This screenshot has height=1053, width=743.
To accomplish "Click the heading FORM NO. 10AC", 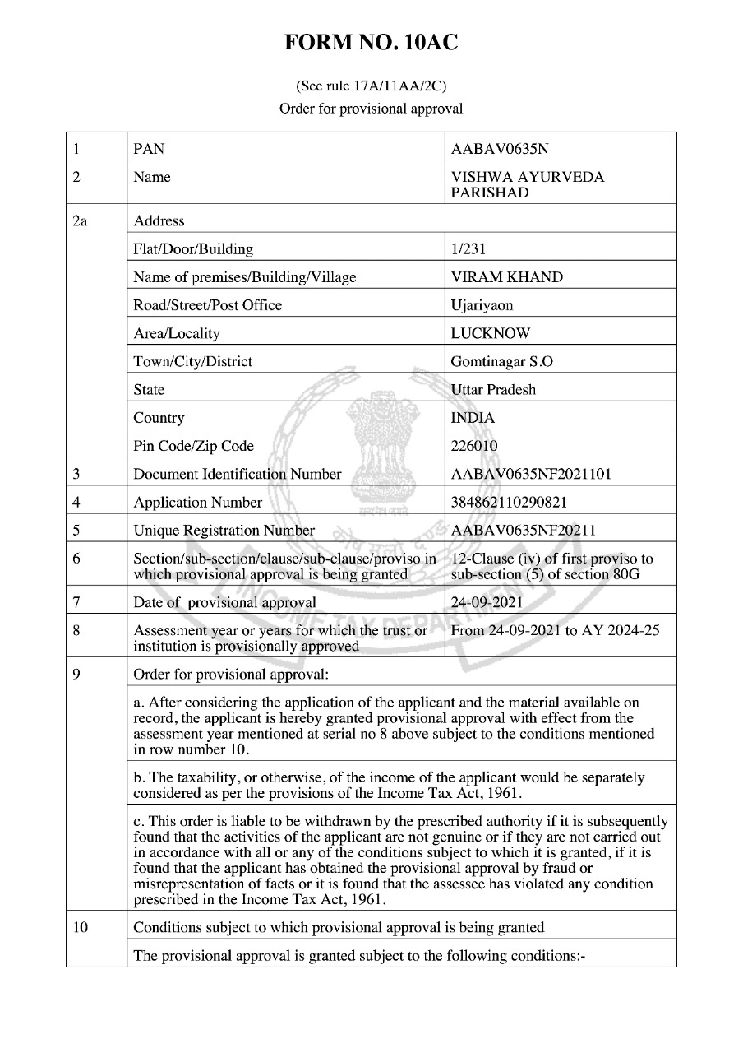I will (371, 43).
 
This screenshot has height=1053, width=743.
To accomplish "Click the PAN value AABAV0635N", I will (500, 149).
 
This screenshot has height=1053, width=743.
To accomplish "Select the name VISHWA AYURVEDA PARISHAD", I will (516, 185).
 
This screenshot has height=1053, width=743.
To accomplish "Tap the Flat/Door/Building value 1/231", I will (468, 248).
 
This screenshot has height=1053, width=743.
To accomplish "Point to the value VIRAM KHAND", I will (507, 277).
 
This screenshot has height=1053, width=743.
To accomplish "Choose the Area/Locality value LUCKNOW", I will (491, 333).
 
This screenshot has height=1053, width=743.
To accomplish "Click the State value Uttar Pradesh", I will (493, 389).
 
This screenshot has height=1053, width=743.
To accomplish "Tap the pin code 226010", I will (474, 446).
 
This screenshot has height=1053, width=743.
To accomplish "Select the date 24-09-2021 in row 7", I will (487, 602).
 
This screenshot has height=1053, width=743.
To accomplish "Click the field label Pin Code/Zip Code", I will (194, 446).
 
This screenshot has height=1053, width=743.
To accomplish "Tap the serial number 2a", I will (80, 220).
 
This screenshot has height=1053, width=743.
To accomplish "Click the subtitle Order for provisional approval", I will (371, 108).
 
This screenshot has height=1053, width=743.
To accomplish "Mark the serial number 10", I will (81, 927).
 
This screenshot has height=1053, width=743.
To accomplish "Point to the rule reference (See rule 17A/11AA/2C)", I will (371, 86).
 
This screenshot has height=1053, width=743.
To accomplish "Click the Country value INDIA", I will (473, 418).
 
